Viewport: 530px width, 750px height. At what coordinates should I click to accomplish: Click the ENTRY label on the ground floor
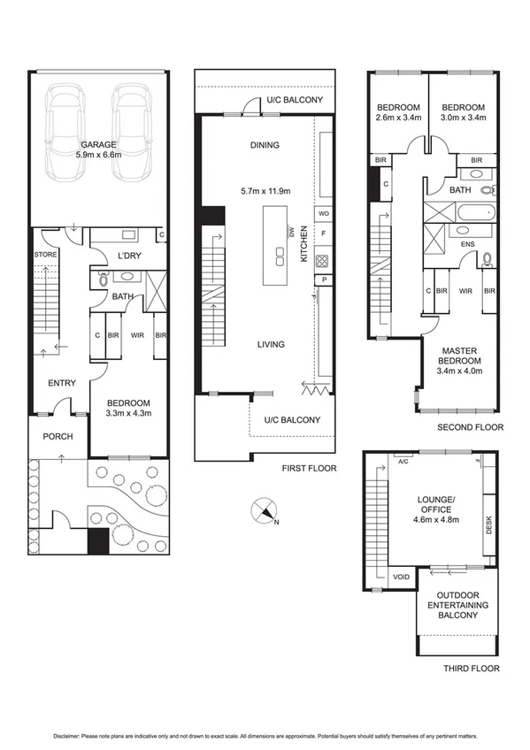tap(62, 383)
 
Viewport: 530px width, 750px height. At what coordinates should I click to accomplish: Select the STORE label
tap(45, 255)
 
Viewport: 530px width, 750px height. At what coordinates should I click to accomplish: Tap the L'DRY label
tap(119, 256)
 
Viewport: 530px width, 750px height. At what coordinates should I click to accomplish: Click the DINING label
tap(264, 145)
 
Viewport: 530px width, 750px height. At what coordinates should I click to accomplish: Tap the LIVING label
tap(270, 344)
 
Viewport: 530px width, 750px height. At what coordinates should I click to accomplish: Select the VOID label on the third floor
tap(400, 577)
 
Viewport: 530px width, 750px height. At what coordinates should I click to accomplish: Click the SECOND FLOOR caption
tap(470, 427)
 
